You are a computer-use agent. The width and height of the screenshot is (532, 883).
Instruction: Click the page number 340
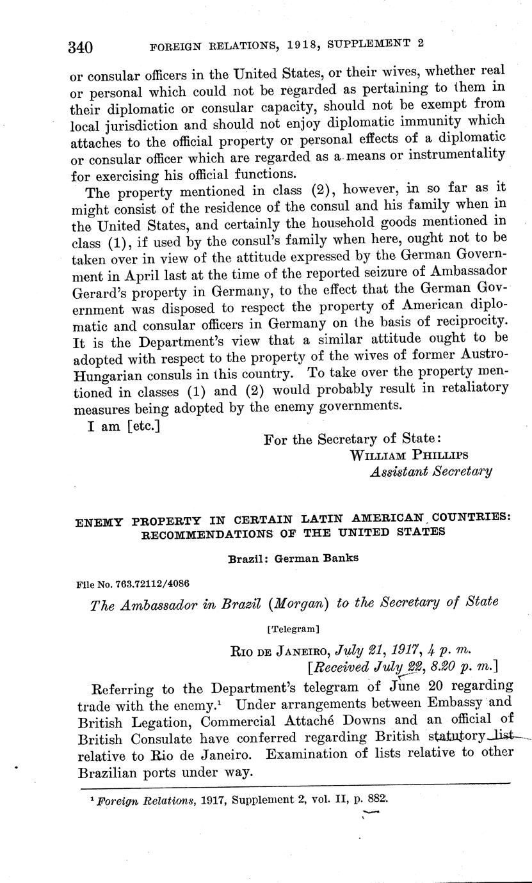pyautogui.click(x=81, y=47)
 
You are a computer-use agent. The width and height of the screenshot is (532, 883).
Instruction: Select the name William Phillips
pyautogui.click(x=409, y=455)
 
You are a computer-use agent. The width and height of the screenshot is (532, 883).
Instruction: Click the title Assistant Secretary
pyautogui.click(x=431, y=472)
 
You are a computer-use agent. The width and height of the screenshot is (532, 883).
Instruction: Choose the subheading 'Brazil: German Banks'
pyautogui.click(x=293, y=557)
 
